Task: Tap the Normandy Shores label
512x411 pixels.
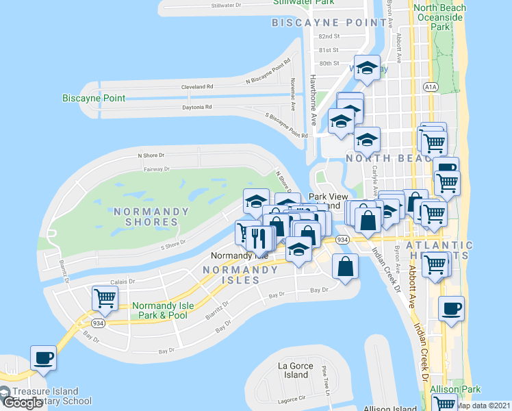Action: pos(146,216)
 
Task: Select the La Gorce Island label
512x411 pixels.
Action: pos(296,370)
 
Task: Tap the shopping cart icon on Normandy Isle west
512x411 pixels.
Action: pos(105,298)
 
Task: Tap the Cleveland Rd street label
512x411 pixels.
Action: pos(197,88)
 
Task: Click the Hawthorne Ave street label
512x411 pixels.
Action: pos(313,99)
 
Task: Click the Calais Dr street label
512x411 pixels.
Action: pos(125,282)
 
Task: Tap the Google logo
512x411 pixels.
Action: pos(24,403)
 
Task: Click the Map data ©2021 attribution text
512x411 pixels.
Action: pos(483,406)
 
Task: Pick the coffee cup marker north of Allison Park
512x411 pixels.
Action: pos(450,308)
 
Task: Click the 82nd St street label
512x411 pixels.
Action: pos(329,36)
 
